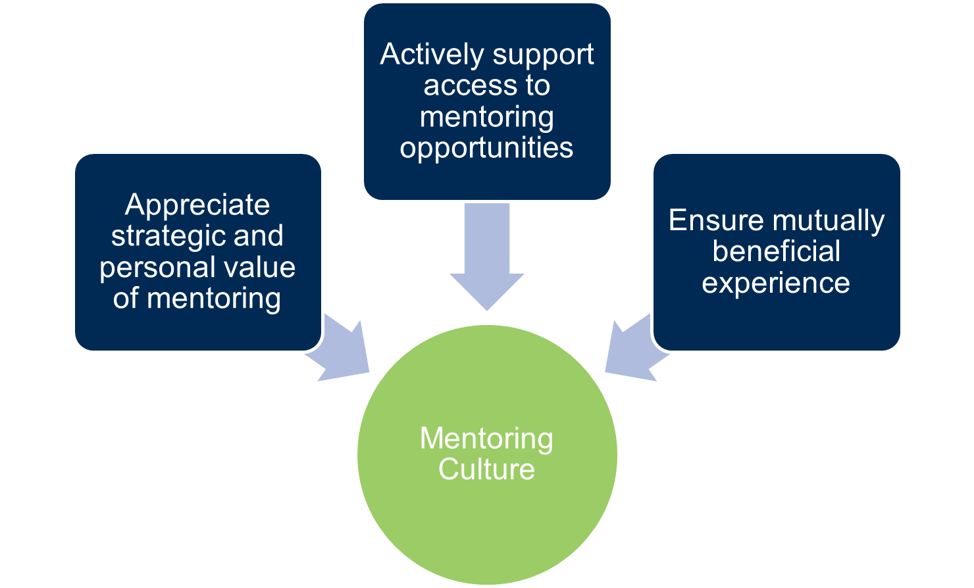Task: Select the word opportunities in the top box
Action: (486, 149)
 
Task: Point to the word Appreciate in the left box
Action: (197, 206)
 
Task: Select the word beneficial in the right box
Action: (776, 252)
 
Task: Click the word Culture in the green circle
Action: (486, 470)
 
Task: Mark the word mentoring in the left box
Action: (214, 299)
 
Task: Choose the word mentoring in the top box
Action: (486, 118)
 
